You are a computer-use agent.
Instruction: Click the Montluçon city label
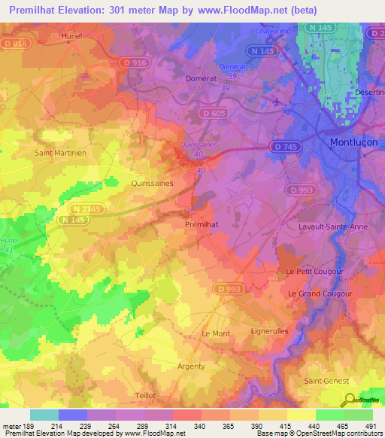(356, 141)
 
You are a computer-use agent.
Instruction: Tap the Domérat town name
(202, 78)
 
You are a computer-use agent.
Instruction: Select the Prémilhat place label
(202, 224)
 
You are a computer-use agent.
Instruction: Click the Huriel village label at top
(73, 35)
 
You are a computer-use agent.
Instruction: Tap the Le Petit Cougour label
(314, 271)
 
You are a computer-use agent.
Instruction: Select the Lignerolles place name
(269, 331)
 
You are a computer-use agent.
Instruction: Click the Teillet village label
(144, 395)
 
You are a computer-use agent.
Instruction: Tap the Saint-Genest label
(324, 381)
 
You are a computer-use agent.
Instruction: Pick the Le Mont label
(216, 333)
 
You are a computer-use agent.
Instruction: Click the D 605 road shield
(214, 112)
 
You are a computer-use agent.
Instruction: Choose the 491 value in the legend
(371, 427)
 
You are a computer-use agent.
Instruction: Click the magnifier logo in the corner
(349, 399)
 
